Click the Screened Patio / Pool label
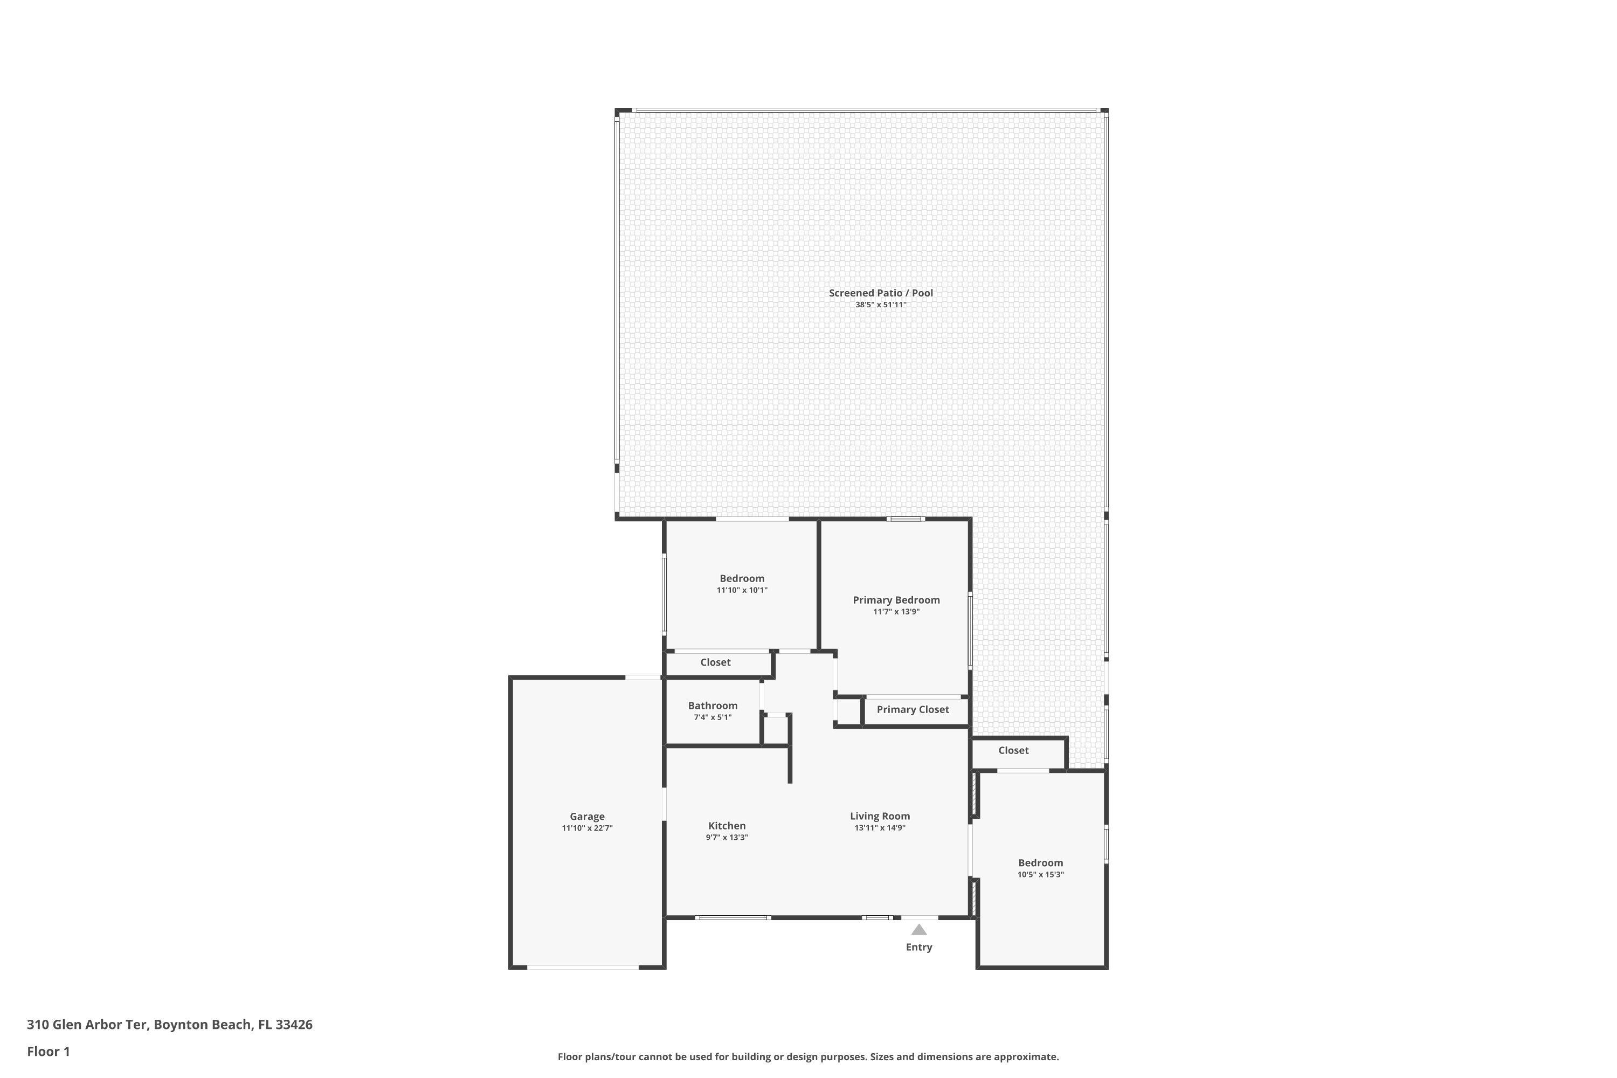(x=881, y=293)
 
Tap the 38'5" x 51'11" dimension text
(x=881, y=305)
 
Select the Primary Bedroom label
(x=896, y=600)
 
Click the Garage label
(x=586, y=817)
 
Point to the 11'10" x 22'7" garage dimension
(x=586, y=828)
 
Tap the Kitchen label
(x=727, y=826)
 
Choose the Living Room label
(x=879, y=816)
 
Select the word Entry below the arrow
(x=918, y=948)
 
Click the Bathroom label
(x=712, y=706)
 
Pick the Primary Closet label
(x=913, y=709)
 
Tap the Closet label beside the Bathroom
(x=715, y=662)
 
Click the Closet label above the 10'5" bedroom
(x=1013, y=750)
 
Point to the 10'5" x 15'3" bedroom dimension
(x=1040, y=874)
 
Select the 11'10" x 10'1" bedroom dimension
(x=742, y=590)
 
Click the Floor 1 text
(x=48, y=1051)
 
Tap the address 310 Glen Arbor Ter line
(x=169, y=1025)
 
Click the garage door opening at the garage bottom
(x=583, y=968)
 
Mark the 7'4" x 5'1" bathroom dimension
(x=712, y=717)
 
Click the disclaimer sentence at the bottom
(x=808, y=1056)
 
